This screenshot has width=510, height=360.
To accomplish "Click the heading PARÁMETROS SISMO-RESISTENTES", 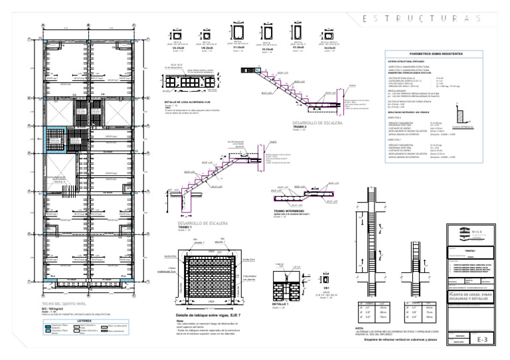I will pyautogui.click(x=436, y=53).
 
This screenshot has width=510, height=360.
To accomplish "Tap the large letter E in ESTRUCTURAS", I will pyautogui.click(x=367, y=19).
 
